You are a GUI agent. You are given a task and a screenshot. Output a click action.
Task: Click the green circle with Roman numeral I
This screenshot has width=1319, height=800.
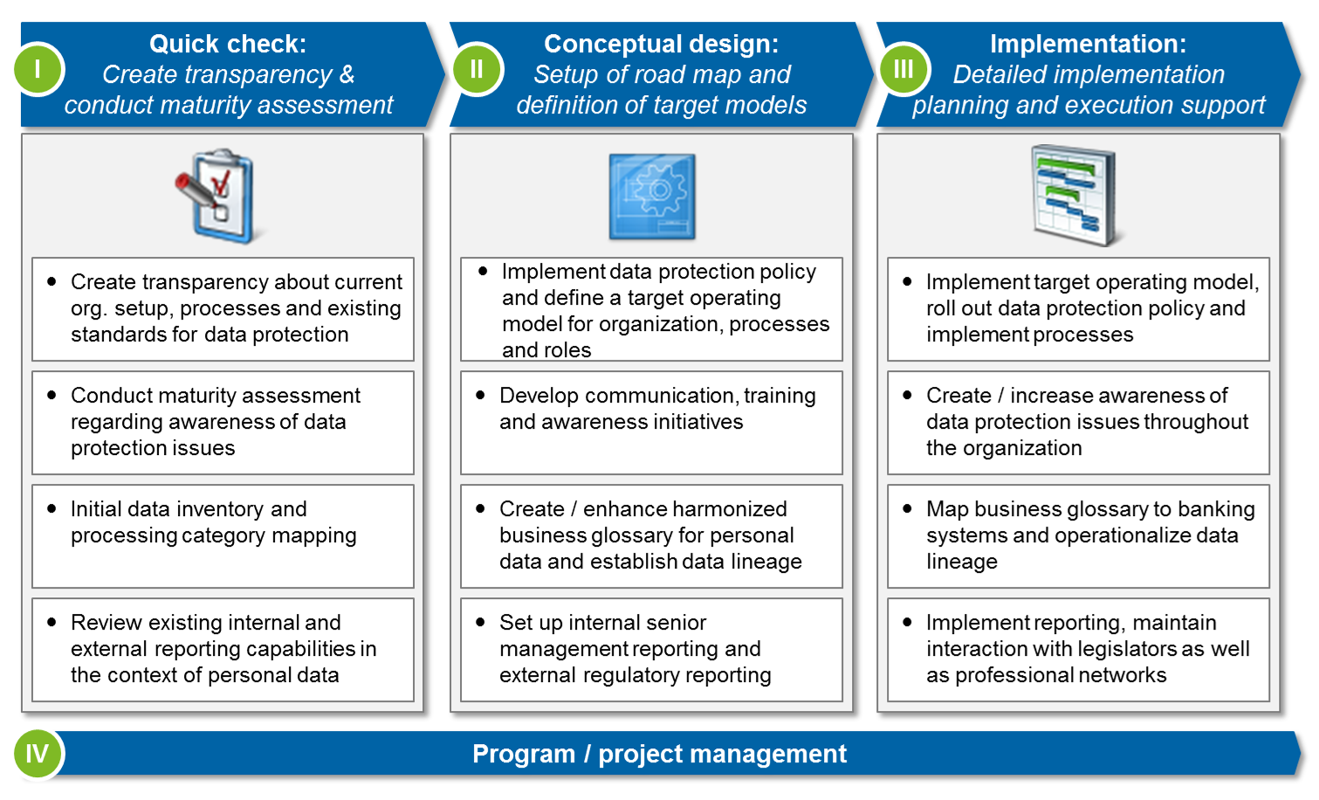(38, 69)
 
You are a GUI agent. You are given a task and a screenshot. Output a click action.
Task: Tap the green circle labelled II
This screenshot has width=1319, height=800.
(477, 69)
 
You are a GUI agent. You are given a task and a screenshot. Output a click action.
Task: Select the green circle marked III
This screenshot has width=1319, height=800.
(903, 69)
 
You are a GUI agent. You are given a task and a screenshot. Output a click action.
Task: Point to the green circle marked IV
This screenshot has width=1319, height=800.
(38, 754)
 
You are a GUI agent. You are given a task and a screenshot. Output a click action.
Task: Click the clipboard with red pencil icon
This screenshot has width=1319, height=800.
(217, 196)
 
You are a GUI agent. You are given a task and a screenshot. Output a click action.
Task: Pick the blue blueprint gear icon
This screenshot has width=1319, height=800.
(652, 197)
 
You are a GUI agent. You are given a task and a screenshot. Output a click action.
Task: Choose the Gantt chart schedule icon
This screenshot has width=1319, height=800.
(1075, 196)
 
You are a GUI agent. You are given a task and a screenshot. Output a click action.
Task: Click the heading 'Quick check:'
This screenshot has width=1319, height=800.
(228, 44)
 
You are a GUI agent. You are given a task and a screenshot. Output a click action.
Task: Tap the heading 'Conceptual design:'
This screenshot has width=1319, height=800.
(661, 44)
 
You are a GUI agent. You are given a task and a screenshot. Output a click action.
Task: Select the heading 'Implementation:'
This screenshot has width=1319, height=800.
(1088, 44)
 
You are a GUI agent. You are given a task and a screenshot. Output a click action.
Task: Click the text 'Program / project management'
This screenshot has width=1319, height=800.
(659, 754)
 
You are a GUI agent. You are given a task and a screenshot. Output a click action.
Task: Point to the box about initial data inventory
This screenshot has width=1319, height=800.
(223, 536)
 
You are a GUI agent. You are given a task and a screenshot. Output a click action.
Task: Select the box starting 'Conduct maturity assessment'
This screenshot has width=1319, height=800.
(223, 423)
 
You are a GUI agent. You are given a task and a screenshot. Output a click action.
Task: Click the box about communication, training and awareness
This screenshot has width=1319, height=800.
(651, 423)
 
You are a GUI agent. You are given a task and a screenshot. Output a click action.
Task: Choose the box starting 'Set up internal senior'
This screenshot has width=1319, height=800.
(651, 650)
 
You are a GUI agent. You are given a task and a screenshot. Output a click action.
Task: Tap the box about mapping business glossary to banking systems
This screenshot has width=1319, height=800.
(1078, 536)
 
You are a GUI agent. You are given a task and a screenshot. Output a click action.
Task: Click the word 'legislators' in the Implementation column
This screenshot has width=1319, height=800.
(1125, 649)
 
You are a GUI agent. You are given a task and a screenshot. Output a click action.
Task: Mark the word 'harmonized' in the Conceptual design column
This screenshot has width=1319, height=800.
(732, 509)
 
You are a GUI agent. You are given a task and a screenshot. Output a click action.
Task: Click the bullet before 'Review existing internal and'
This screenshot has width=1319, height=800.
(52, 623)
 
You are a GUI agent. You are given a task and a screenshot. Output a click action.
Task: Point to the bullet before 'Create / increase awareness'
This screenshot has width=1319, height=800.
(907, 396)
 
